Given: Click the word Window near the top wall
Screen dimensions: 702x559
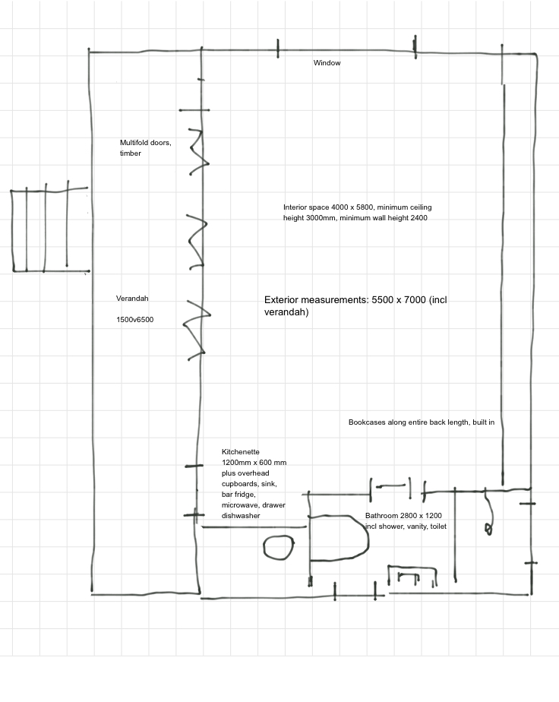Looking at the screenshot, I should click(327, 63).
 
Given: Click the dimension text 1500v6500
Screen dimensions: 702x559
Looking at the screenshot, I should click(134, 320).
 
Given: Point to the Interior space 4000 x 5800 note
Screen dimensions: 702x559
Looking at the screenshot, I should click(357, 212).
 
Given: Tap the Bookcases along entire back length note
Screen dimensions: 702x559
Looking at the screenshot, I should click(422, 422).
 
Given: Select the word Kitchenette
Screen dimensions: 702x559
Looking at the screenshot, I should click(240, 451).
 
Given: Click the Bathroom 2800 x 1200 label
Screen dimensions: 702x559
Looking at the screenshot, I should click(403, 515).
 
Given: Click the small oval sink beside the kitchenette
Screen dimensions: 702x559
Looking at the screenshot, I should click(278, 547).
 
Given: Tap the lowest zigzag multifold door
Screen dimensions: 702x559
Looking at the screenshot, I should click(196, 327).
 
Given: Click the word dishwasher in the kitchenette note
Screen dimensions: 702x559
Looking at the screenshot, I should click(241, 516).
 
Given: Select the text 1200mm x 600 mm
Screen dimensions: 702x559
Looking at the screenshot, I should click(254, 462).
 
